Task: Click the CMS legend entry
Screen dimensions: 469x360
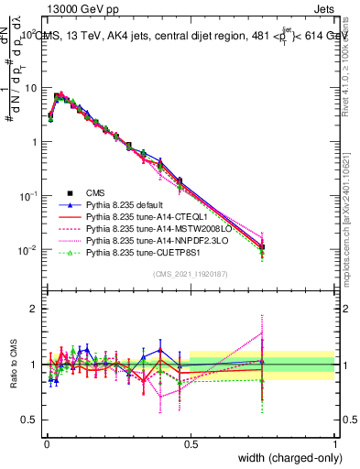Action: pos(96,192)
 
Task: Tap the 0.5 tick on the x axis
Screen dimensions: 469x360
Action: pos(191,443)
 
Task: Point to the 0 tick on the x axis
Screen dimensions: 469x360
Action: pos(46,443)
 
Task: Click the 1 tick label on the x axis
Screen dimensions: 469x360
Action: pos(334,443)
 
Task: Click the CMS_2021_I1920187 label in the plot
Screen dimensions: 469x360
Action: pos(191,273)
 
